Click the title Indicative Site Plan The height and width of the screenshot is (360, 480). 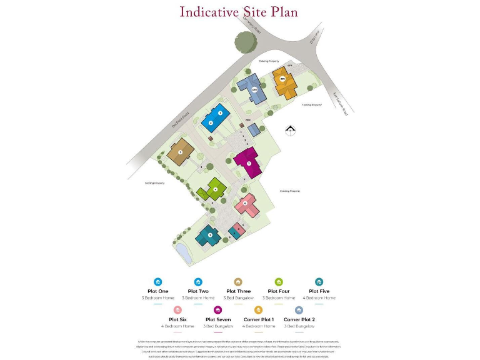point(239,12)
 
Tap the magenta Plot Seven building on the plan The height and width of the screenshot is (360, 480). point(247,164)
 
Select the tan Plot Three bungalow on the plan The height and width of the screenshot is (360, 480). point(179,152)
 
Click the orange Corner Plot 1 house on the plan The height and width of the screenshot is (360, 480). point(282,81)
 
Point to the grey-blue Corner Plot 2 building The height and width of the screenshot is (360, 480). point(254,89)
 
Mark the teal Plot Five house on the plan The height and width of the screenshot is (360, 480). point(209,236)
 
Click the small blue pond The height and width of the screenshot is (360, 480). point(183,253)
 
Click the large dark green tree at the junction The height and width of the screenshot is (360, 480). point(246,42)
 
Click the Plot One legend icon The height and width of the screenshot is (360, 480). point(157,282)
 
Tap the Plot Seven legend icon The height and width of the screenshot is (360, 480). point(218,309)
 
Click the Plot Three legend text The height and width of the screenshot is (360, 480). point(238,291)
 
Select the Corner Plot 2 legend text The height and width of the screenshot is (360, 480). point(299,319)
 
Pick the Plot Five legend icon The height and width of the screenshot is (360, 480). point(319,282)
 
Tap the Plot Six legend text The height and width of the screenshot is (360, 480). point(178,319)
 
